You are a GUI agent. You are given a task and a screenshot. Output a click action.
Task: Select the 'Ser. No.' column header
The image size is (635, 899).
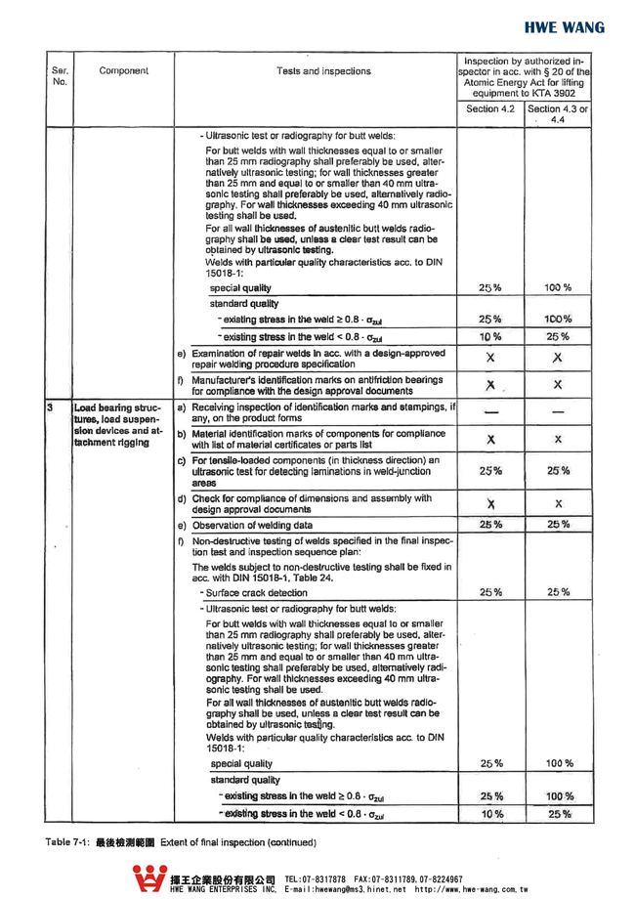60,76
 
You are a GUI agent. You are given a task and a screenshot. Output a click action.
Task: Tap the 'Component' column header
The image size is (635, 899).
124,71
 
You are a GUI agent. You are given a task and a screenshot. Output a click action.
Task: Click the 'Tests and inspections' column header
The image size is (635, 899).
323,71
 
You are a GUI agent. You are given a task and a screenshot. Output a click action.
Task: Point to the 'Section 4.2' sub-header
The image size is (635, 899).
489,109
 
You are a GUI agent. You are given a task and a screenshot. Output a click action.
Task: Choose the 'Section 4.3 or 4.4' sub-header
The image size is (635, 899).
557,114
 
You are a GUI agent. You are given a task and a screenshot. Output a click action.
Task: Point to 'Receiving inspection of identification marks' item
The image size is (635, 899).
322,411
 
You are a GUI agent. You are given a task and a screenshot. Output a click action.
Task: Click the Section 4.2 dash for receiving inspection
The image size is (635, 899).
489,412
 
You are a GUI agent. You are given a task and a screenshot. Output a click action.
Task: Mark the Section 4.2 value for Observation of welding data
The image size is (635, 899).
489,526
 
